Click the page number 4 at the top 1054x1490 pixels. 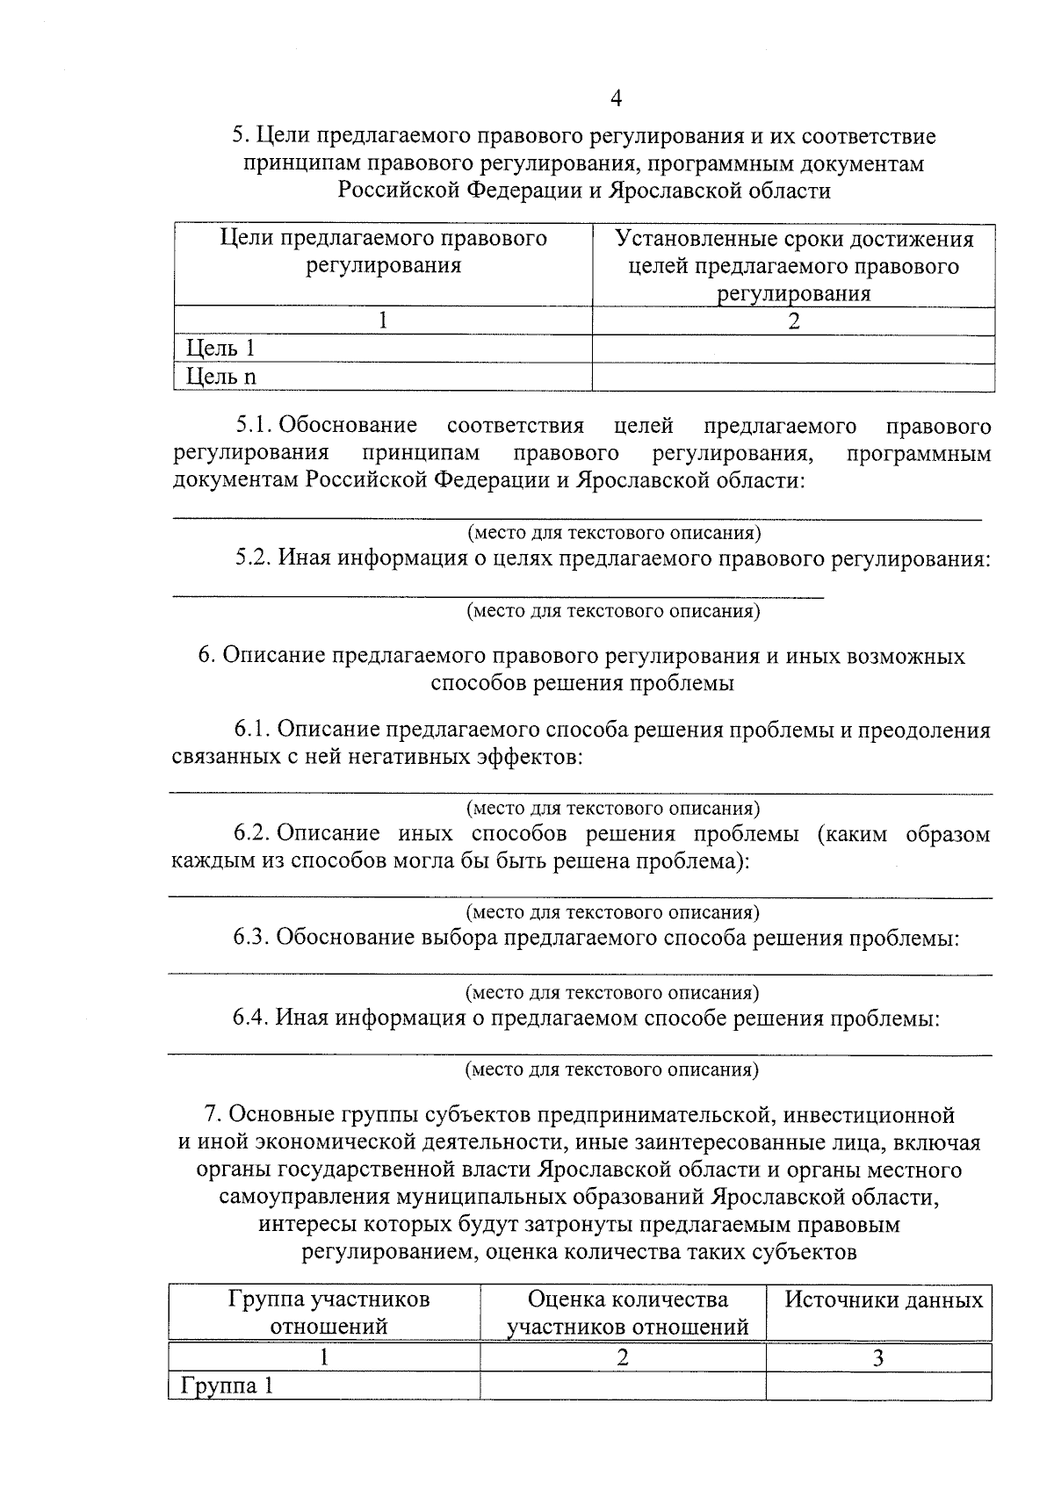[615, 99]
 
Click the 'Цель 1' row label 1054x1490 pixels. [220, 349]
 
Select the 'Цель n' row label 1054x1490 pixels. [221, 377]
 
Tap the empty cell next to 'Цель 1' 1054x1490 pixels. [792, 349]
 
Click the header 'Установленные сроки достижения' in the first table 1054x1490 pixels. [794, 239]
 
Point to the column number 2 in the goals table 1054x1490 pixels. [794, 321]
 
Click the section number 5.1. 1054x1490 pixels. [252, 427]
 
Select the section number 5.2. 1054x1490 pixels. [252, 558]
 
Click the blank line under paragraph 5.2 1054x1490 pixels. [497, 597]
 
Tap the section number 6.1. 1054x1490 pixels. [252, 730]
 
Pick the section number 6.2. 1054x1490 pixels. [252, 833]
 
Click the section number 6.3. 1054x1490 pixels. [251, 938]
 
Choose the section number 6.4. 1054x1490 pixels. [251, 1018]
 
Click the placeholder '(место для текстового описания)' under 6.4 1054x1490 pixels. [611, 1069]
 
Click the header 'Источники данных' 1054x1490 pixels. [883, 1300]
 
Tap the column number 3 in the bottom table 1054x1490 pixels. [877, 1358]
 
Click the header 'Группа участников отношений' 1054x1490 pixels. [328, 1312]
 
